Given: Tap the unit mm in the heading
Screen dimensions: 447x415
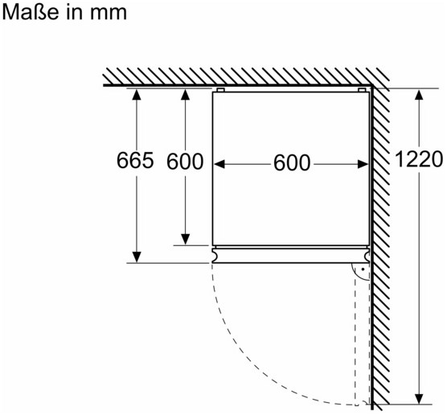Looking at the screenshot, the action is (x=109, y=14).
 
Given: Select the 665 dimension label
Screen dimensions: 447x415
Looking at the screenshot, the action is (x=135, y=160).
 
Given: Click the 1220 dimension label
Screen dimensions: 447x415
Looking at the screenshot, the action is (x=419, y=159).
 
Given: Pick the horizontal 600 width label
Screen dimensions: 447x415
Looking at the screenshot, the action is (x=292, y=162).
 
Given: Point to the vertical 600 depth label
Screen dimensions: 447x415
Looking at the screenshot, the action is (x=185, y=162).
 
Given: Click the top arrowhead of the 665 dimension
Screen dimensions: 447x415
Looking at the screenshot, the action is (x=137, y=94).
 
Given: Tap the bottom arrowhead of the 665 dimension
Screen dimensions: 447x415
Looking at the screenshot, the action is (x=137, y=257).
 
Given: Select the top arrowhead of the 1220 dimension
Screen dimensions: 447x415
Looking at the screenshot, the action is (x=419, y=94).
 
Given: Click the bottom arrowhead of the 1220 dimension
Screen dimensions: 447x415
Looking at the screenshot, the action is (x=419, y=399).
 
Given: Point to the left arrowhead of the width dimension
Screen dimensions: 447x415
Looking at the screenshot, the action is (x=219, y=164).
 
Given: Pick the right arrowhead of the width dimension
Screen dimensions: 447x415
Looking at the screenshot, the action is (x=363, y=164).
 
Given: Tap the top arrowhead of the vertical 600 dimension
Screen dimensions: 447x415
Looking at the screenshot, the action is (x=185, y=94).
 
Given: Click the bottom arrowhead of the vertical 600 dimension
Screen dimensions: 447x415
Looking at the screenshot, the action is (x=185, y=240).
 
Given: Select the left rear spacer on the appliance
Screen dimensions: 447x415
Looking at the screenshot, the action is (x=220, y=90).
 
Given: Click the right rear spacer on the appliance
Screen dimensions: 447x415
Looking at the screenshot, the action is (x=362, y=90).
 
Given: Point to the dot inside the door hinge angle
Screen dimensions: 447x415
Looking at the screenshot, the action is (x=363, y=269).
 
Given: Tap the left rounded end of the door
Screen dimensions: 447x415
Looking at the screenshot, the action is (x=215, y=255).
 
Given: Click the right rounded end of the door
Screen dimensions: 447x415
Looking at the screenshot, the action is (x=367, y=255).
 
